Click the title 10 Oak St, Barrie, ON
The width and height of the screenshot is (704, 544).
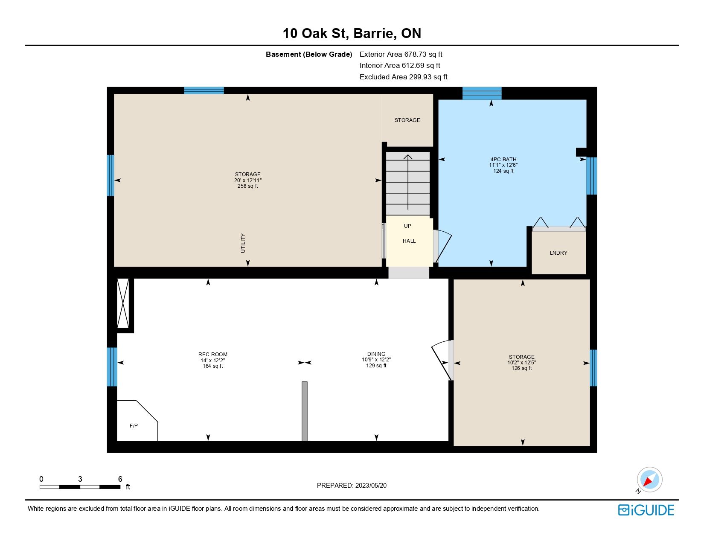click(352, 33)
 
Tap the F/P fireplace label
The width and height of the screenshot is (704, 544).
click(134, 426)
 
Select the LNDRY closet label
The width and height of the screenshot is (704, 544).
click(559, 253)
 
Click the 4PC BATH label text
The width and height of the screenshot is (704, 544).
click(503, 160)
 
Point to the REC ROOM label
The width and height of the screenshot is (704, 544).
click(213, 355)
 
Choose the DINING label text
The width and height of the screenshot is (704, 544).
click(376, 354)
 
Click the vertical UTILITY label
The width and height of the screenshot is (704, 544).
click(243, 243)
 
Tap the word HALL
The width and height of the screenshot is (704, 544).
click(409, 241)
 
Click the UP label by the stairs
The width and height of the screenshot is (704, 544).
click(407, 226)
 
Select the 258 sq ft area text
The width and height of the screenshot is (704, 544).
click(248, 186)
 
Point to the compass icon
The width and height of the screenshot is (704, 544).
click(649, 480)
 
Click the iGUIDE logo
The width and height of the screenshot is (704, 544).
click(646, 510)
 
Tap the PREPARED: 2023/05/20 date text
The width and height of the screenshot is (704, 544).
click(352, 486)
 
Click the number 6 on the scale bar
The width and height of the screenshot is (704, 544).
click(120, 479)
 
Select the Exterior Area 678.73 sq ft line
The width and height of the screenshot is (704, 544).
click(401, 55)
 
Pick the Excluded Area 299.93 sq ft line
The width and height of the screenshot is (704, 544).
click(403, 77)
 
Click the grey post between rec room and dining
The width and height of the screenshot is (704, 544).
click(305, 411)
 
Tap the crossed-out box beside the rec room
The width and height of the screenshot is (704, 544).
click(123, 303)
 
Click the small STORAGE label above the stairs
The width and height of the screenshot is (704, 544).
click(407, 120)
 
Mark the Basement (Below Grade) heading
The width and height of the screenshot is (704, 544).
click(309, 55)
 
